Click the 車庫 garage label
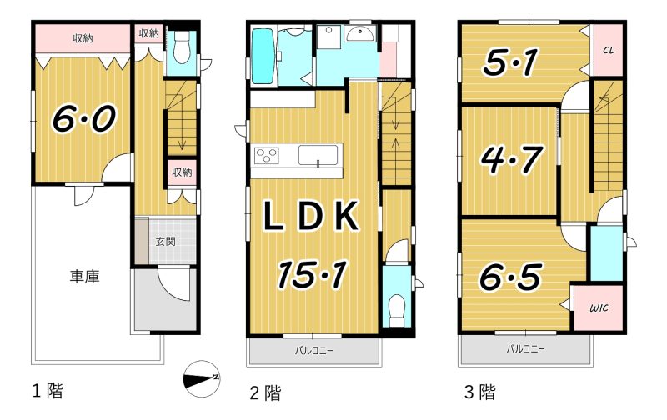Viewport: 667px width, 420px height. click(x=85, y=277)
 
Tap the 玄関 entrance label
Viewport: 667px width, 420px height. click(x=165, y=242)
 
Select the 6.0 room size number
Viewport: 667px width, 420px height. click(x=84, y=118)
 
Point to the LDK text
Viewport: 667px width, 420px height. click(x=310, y=217)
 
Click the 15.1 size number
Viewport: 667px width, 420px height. click(x=313, y=274)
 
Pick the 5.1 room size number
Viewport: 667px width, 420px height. click(x=510, y=62)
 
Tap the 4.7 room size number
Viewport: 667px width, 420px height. click(x=512, y=159)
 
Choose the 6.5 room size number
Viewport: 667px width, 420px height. click(x=510, y=277)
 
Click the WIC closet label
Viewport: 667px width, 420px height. click(x=599, y=307)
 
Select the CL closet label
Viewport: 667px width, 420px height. click(x=609, y=50)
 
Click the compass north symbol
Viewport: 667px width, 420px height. click(x=202, y=377)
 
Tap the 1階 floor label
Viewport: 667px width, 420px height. click(x=48, y=390)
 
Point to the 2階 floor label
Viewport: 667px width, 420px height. click(x=265, y=392)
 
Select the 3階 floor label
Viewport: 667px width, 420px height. click(x=480, y=392)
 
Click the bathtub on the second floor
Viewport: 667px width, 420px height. click(x=262, y=56)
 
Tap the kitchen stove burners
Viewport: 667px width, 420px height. click(x=267, y=155)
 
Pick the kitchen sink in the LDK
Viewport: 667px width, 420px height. click(x=318, y=155)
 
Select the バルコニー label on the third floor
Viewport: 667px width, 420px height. click(x=525, y=349)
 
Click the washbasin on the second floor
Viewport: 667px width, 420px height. click(x=360, y=33)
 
